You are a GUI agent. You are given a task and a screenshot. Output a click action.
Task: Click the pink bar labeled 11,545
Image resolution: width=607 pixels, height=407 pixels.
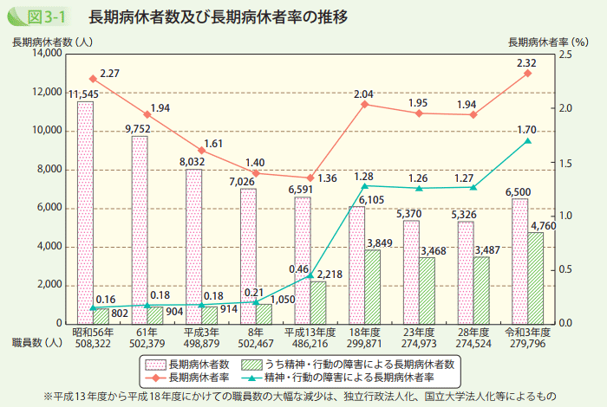pyautogui.click(x=85, y=212)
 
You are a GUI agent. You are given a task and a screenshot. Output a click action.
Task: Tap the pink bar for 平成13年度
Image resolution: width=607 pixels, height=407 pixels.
pyautogui.click(x=303, y=260)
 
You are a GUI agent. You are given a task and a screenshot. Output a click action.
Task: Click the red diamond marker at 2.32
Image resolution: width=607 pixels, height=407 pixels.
pyautogui.click(x=527, y=74)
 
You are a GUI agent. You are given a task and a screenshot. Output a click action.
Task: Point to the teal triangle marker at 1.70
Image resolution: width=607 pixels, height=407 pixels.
pyautogui.click(x=527, y=140)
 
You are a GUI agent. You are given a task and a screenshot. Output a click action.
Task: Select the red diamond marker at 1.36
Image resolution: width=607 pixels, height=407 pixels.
pyautogui.click(x=310, y=178)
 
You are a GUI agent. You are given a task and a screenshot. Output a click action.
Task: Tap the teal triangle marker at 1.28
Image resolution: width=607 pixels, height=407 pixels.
pyautogui.click(x=365, y=185)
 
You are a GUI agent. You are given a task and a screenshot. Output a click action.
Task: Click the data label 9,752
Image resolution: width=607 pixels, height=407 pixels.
pyautogui.click(x=138, y=129)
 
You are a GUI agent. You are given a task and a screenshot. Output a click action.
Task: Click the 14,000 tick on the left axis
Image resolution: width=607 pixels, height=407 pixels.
pyautogui.click(x=44, y=54)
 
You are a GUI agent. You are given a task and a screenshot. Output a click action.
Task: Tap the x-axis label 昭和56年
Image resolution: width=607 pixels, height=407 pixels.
pyautogui.click(x=91, y=333)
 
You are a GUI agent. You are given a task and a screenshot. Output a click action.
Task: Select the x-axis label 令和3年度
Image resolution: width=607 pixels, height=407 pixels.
pyautogui.click(x=527, y=333)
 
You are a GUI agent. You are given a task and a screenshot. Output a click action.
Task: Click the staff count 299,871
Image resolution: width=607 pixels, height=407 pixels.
pyautogui.click(x=365, y=344)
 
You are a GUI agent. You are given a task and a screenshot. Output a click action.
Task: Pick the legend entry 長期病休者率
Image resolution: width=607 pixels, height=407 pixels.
pyautogui.click(x=199, y=377)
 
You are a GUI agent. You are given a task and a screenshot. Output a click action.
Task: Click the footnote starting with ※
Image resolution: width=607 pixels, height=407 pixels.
pyautogui.click(x=303, y=397)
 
